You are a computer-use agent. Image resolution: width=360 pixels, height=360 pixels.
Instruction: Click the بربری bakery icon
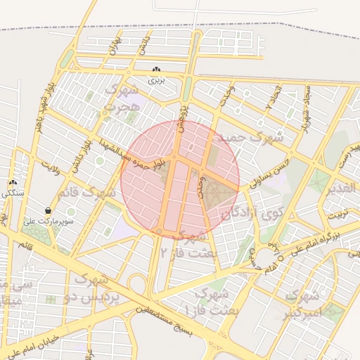coord(156,70)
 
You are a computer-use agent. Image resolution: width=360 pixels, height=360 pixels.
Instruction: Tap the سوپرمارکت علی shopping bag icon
coord(48,210)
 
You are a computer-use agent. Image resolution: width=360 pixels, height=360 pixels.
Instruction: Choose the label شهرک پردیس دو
coord(98,288)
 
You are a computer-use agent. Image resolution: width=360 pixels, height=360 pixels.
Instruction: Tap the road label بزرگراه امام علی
coord(310,243)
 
